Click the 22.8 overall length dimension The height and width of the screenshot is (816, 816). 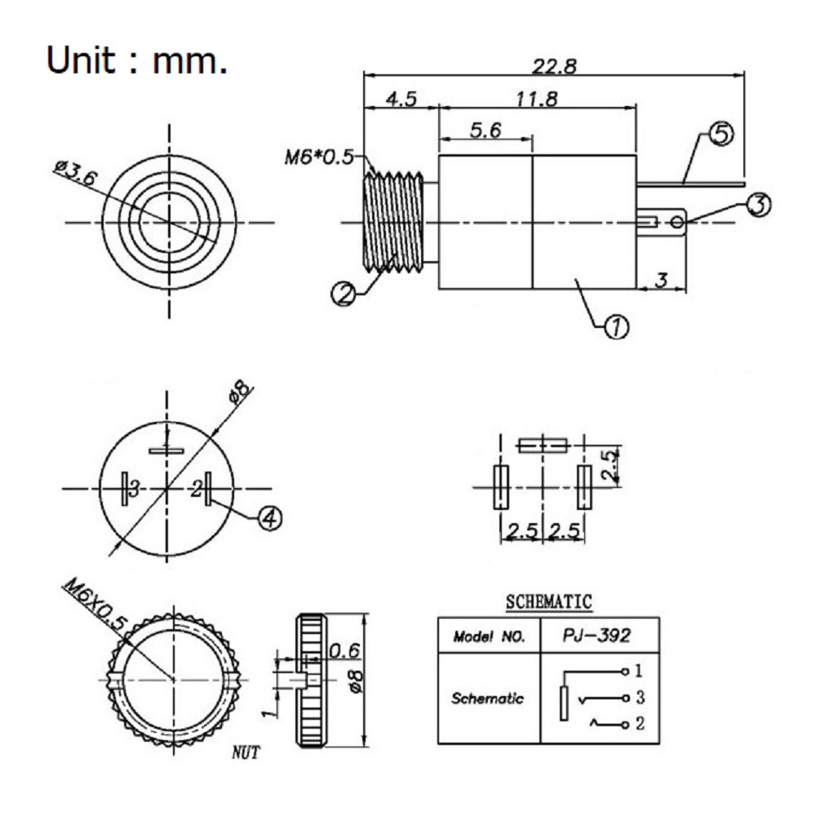point(554,66)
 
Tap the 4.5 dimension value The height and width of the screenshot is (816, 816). point(401,99)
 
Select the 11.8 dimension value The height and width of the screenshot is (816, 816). point(537,99)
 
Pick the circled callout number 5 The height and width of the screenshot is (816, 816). point(721,135)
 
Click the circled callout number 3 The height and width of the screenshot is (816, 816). point(759,205)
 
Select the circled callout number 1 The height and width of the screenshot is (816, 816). point(616,327)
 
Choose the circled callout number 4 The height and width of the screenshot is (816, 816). point(270,518)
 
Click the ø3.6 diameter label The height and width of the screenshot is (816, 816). point(76,172)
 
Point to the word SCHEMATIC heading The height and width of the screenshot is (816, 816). point(549,601)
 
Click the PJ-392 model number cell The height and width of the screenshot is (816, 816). point(596,636)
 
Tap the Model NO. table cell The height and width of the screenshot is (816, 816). point(489,636)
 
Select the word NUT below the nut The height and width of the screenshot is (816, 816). point(245,753)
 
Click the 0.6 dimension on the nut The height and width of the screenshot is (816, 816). point(344,650)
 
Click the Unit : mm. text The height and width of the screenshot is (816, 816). point(137,60)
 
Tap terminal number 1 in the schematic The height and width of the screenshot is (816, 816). point(639,671)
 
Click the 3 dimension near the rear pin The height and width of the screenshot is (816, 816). point(661,281)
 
